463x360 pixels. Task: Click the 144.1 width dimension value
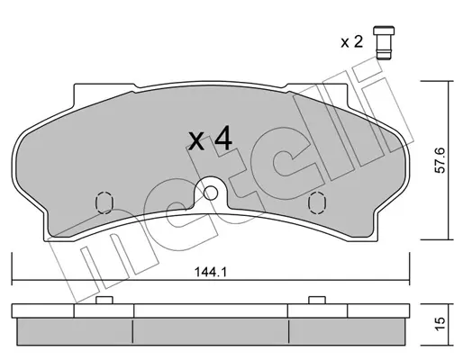click(211, 273)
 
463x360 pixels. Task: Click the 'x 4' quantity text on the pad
click(211, 139)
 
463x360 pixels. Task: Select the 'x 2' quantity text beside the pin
click(352, 42)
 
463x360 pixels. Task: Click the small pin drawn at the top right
click(384, 42)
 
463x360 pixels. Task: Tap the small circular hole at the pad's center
click(211, 193)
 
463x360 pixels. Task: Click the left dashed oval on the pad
click(104, 202)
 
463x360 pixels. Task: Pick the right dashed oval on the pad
click(317, 202)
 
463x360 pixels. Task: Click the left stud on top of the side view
click(104, 300)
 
